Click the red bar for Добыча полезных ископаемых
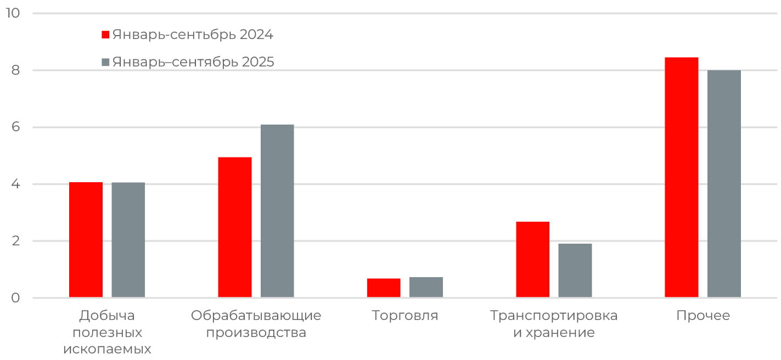coord(86,240)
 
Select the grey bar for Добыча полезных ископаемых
coord(128,240)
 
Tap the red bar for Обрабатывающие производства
coord(235,227)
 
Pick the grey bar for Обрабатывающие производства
coord(277,211)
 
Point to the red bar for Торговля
coord(384,288)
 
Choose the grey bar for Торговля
coord(426,288)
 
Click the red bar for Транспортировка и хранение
coord(533,260)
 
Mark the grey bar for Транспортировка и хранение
coord(575,271)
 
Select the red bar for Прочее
coord(682,177)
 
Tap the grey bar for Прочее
coord(724,184)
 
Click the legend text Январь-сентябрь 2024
coord(193,35)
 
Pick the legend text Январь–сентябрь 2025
coord(193,62)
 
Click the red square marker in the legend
coord(106,35)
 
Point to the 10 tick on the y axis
coord(12,13)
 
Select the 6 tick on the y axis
coord(15,127)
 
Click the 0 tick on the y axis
coord(15,298)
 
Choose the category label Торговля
coord(405,316)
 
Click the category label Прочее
coord(703,316)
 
